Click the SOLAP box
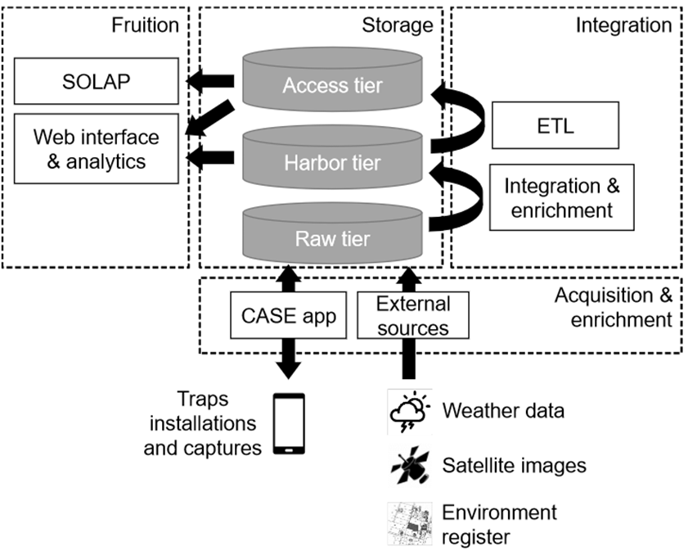[96, 80]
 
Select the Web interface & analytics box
[96, 149]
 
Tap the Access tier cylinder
[332, 82]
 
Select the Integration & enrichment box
[561, 197]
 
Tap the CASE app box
[288, 315]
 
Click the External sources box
[413, 315]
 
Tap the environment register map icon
[408, 522]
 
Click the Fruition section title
[145, 25]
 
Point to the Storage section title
[397, 25]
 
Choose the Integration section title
[623, 25]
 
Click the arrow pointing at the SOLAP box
[210, 80]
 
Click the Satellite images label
[514, 466]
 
